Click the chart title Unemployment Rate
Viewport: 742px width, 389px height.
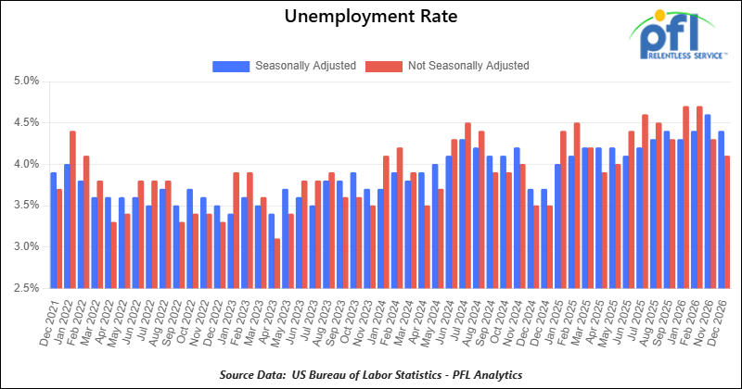click(x=370, y=17)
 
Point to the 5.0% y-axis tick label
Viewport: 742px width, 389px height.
click(x=25, y=81)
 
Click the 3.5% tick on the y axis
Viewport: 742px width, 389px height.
click(x=25, y=206)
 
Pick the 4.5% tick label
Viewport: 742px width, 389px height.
click(x=25, y=122)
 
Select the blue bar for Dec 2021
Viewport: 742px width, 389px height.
click(x=53, y=231)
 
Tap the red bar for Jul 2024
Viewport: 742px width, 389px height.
click(x=467, y=205)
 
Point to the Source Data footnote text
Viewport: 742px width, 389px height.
click(x=370, y=373)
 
